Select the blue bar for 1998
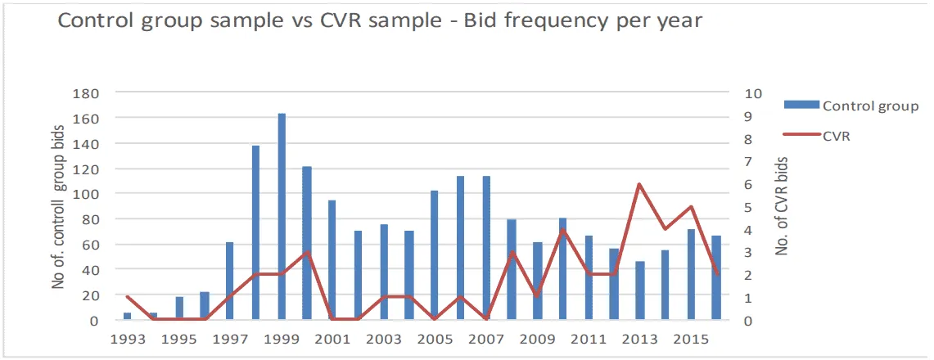[255, 233]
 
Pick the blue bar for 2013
[639, 290]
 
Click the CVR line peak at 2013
[639, 184]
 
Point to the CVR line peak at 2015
[691, 207]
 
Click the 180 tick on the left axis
[86, 93]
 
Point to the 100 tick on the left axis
[86, 194]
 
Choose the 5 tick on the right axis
[749, 207]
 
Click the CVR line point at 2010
[563, 230]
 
